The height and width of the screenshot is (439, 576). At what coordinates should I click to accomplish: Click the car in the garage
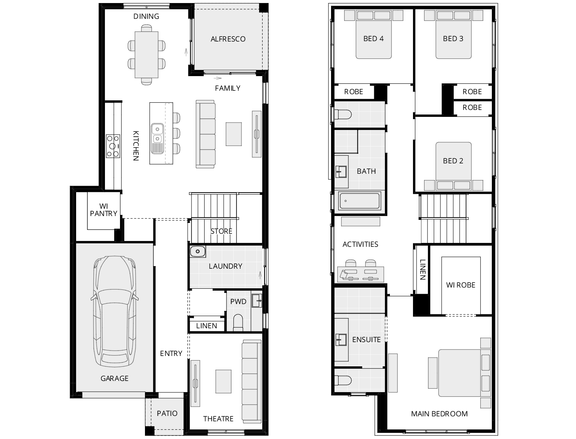click(114, 311)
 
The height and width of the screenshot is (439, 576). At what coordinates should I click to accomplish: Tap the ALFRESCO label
click(228, 39)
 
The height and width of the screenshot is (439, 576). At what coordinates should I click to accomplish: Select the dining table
click(146, 54)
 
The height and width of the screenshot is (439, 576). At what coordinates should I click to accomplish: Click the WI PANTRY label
click(103, 210)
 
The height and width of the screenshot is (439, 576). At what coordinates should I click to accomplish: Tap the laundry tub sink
click(198, 252)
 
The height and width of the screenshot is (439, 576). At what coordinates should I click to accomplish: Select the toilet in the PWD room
click(238, 322)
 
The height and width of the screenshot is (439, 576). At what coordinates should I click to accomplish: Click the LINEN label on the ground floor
click(206, 326)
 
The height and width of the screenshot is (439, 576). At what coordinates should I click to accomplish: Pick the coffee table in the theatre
click(223, 381)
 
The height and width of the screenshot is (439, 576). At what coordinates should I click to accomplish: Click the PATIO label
click(167, 413)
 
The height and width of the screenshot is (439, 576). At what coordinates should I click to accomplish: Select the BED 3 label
click(453, 38)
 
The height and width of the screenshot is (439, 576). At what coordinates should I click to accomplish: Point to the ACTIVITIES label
click(360, 244)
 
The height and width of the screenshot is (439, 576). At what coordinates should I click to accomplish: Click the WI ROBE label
click(461, 285)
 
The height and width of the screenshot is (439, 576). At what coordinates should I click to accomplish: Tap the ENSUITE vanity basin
click(341, 339)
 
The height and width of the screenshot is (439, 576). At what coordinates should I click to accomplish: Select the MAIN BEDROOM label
click(439, 414)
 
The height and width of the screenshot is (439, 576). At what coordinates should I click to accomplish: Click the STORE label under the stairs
click(221, 231)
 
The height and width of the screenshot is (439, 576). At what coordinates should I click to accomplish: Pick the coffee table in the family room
click(233, 134)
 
